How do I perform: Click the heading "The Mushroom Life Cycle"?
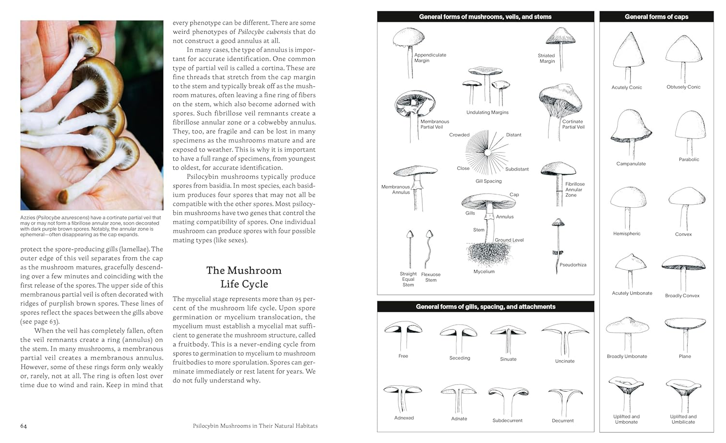point(244,277)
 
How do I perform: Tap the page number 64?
point(24,426)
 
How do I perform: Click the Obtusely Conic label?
point(683,87)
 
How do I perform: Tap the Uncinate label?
point(565,361)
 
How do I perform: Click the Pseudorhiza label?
point(573,265)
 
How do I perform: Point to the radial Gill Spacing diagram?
point(486,153)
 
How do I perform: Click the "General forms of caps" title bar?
point(656,16)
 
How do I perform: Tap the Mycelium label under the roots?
point(484,272)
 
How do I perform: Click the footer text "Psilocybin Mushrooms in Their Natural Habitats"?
point(255,426)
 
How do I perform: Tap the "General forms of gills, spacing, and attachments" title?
point(485,306)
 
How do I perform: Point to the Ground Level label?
point(509,240)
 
